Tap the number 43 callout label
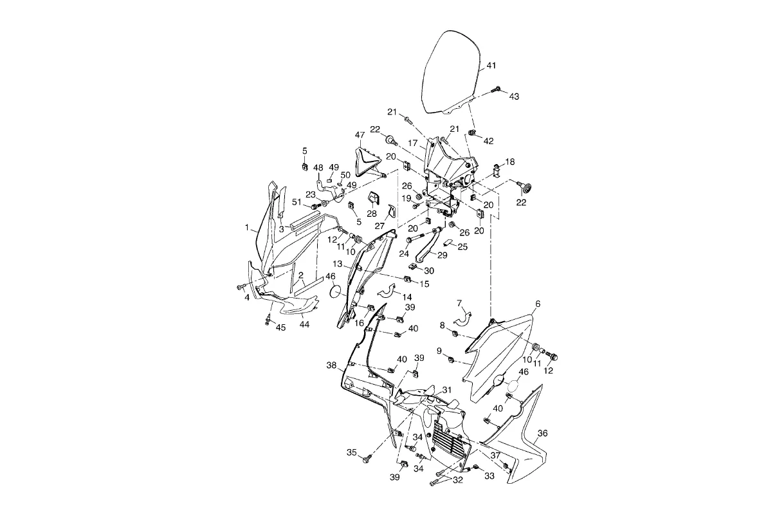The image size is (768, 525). (514, 97)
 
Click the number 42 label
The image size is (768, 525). (488, 141)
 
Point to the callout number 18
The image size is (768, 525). (510, 161)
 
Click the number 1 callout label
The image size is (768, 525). (246, 227)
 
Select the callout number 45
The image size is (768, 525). (280, 327)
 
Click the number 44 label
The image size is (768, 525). (304, 324)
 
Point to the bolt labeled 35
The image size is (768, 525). (367, 458)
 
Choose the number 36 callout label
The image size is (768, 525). (542, 434)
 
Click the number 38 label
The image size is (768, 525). (331, 365)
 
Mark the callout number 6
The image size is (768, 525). (538, 303)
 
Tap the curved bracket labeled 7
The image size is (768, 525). (464, 318)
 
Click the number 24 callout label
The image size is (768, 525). (404, 253)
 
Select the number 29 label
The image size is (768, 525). (442, 255)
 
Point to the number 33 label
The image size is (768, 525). (489, 477)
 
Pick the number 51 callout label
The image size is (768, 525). (297, 202)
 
